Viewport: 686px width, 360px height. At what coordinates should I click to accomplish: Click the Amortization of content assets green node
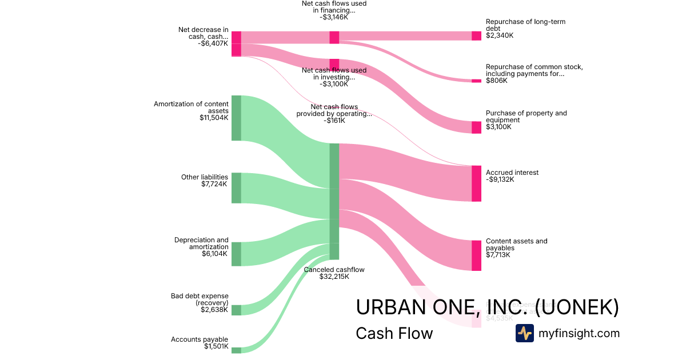[236, 118]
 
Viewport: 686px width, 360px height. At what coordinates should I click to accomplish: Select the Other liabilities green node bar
[236, 187]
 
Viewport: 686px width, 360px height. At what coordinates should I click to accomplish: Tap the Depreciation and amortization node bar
[236, 254]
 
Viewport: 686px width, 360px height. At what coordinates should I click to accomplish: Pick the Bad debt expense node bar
[236, 310]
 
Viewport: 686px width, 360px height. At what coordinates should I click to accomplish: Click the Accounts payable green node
[236, 350]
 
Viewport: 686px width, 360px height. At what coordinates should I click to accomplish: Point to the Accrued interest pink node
[476, 183]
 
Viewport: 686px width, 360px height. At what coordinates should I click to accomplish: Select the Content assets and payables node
[476, 255]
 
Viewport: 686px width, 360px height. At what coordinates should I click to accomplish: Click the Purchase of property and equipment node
[476, 127]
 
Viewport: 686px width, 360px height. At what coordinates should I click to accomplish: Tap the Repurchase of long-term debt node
[476, 36]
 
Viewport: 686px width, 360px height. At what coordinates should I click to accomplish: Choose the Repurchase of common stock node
[476, 81]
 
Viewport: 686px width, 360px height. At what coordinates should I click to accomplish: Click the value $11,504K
[214, 118]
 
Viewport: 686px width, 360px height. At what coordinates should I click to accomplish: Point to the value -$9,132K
[500, 179]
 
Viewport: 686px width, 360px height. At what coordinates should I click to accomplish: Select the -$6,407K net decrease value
[212, 43]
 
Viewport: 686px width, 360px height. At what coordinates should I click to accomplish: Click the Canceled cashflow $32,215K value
[334, 277]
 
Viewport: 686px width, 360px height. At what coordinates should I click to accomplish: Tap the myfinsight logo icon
[524, 333]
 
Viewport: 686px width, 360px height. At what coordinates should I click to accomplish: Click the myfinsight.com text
[579, 333]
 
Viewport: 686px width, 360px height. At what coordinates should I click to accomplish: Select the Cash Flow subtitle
[394, 333]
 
